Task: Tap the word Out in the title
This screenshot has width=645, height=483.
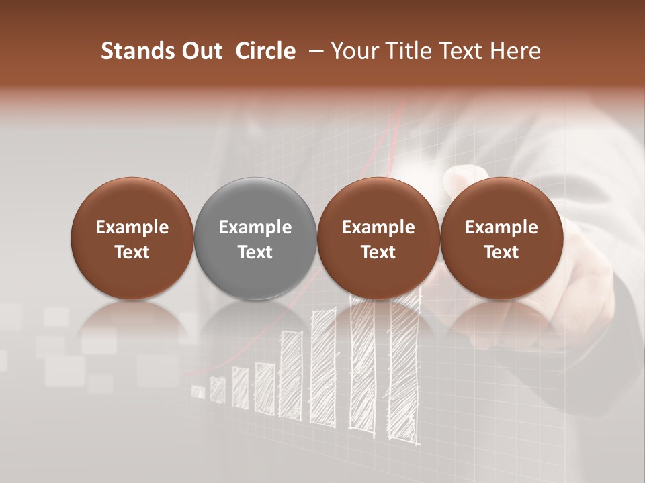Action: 200,51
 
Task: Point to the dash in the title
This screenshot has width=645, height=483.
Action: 313,51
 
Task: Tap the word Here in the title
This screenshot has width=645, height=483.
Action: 515,51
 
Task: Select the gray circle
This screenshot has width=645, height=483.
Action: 255,238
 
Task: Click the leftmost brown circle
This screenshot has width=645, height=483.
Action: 132,238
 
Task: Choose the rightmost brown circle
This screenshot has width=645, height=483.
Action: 501,238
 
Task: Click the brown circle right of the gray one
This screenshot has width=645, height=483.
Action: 378,238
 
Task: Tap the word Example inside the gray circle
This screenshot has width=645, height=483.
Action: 255,227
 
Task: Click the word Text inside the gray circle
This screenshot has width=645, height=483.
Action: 255,252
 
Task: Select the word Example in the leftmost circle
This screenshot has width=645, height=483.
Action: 132,227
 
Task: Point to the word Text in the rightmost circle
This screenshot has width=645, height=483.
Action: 501,252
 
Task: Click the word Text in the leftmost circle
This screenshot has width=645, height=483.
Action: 132,252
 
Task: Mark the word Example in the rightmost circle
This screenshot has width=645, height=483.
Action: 501,227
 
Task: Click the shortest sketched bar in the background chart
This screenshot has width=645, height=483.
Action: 198,391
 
